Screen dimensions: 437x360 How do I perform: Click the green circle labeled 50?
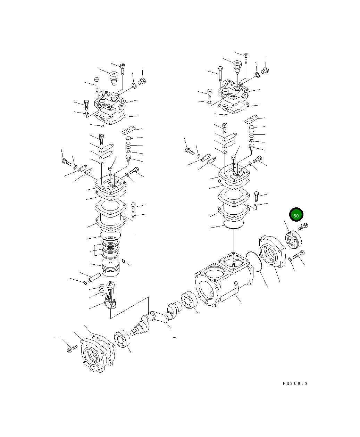(296, 216)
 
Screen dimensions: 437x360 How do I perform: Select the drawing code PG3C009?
(295, 384)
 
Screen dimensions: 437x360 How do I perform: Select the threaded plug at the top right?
(266, 71)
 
